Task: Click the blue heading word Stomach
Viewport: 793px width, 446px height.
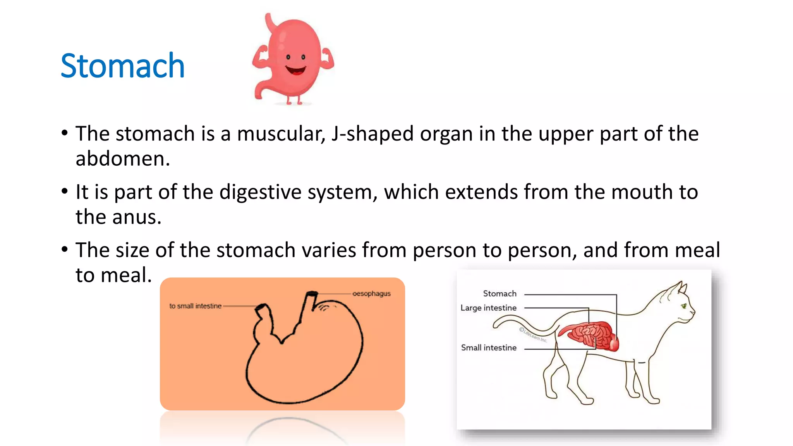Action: click(x=122, y=66)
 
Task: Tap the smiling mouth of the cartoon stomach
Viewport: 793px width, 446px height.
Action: click(x=296, y=71)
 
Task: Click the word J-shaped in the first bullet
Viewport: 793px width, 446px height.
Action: click(x=372, y=134)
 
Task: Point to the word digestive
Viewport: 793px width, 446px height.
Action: click(x=260, y=192)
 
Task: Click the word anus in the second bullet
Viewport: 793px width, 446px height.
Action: click(x=137, y=217)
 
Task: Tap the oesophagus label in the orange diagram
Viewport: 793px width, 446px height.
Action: click(x=371, y=293)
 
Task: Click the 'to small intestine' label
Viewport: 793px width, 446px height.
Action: click(x=195, y=306)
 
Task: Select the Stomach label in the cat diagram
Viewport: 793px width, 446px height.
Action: click(x=499, y=293)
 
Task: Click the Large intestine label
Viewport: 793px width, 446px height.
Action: click(x=488, y=308)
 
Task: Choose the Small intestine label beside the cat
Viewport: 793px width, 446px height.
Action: click(x=489, y=348)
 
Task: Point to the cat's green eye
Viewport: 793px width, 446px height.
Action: click(x=684, y=306)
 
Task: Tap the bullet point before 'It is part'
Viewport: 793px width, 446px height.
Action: click(x=65, y=191)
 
